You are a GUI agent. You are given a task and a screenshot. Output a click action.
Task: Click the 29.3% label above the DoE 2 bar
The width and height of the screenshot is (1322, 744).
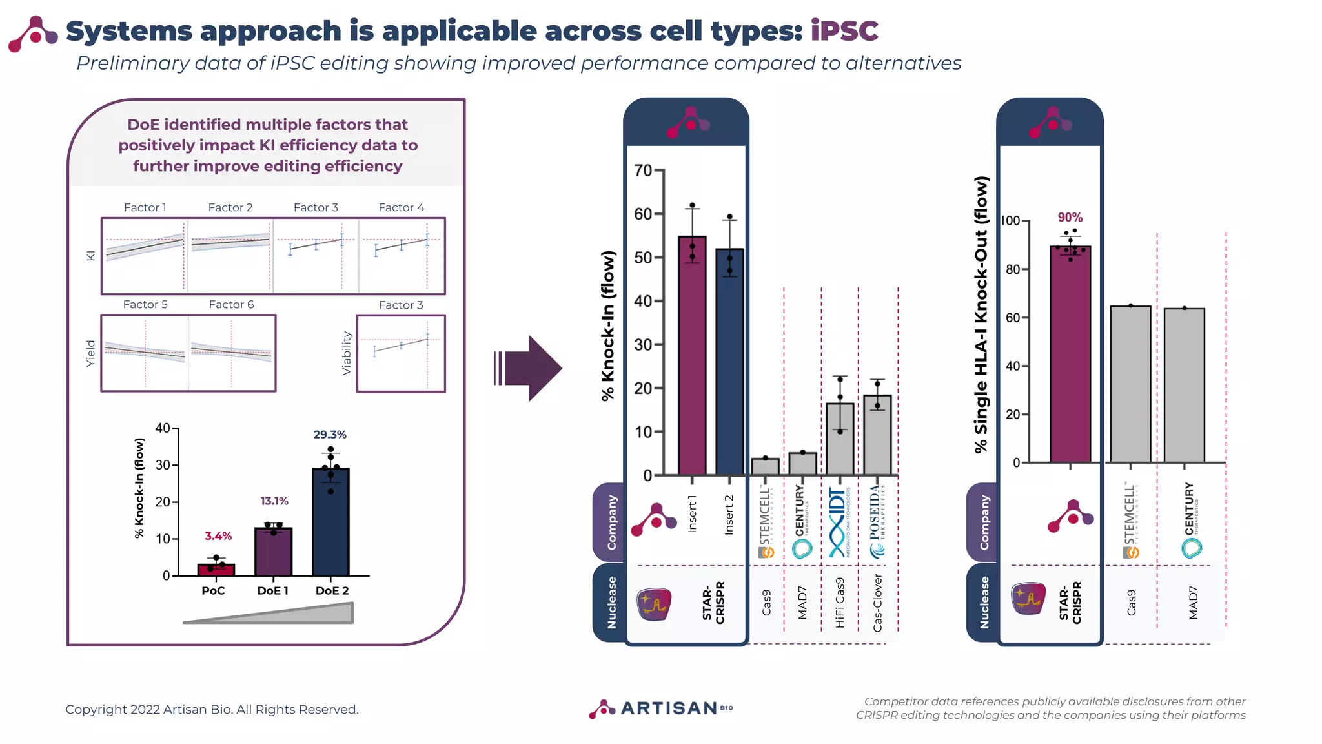click(x=330, y=435)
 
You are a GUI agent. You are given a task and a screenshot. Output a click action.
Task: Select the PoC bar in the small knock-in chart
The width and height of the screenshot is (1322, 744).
click(x=216, y=570)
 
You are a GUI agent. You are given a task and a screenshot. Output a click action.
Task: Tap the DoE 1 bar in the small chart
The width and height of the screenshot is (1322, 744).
click(x=273, y=552)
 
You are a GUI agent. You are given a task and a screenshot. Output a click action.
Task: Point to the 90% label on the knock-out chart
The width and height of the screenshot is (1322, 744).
click(x=1070, y=218)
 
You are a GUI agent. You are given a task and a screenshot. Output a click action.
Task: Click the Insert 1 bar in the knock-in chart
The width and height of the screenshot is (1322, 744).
click(x=692, y=355)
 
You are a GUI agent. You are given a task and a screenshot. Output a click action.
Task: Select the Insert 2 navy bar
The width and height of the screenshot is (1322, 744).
click(x=729, y=362)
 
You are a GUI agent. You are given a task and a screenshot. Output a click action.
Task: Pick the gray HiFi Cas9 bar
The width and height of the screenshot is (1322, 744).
click(x=840, y=439)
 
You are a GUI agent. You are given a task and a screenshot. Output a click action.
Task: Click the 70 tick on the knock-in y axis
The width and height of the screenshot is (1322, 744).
click(x=644, y=170)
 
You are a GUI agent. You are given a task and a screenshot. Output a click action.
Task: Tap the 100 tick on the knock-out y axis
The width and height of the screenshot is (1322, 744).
click(x=1012, y=221)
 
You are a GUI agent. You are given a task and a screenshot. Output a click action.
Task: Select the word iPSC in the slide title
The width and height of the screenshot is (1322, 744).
click(x=844, y=31)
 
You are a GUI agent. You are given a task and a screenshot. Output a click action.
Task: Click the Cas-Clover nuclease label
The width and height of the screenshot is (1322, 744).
click(x=877, y=603)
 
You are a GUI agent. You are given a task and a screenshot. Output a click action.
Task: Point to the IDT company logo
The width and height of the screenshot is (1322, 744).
click(x=839, y=522)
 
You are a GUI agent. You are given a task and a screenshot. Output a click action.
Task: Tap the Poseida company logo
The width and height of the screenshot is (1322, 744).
click(x=877, y=522)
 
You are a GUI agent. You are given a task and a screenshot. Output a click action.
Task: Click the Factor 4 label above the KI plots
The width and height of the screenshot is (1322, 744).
click(x=401, y=207)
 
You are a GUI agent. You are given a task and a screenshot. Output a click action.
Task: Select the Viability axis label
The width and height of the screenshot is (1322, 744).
click(x=347, y=353)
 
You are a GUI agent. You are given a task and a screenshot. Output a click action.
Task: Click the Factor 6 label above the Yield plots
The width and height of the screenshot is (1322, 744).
click(x=231, y=304)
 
